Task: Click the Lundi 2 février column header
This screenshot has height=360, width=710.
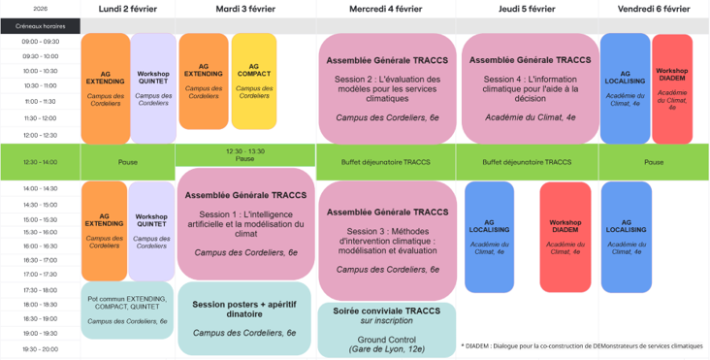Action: tap(127, 9)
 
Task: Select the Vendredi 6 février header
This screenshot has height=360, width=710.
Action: tap(654, 9)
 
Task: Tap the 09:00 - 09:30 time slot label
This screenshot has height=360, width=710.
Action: tap(40, 42)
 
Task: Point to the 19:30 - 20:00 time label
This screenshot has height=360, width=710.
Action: tap(40, 348)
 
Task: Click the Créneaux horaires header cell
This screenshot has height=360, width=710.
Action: tap(40, 26)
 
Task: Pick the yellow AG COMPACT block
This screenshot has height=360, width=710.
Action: tap(254, 82)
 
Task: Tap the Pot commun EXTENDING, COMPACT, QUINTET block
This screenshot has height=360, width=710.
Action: tap(127, 310)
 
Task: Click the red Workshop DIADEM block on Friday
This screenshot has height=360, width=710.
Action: tap(672, 87)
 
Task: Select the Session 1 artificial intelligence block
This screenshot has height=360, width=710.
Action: tap(245, 222)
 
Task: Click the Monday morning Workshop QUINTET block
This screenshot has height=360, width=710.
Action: tap(153, 87)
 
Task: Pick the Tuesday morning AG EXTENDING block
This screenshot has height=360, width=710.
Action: tap(204, 82)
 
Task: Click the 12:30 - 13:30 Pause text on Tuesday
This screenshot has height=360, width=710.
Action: tap(245, 155)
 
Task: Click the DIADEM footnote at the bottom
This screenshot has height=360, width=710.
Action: tap(582, 345)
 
